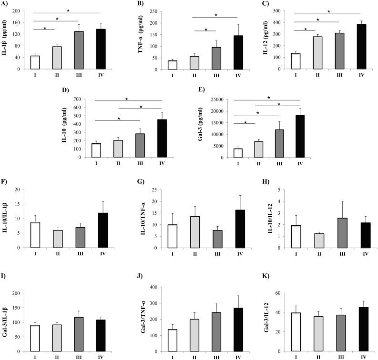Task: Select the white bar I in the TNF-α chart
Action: click(165, 64)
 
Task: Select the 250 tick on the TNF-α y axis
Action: click(147, 11)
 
